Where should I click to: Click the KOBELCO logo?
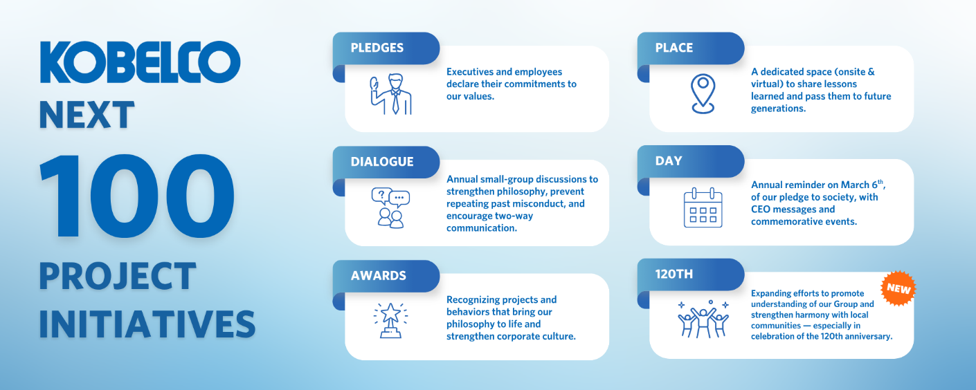pos(140,62)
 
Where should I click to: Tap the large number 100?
pos(137,196)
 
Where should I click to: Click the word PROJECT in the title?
pos(118,276)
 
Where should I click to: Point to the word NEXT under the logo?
pos(87,115)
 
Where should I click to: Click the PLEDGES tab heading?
pos(377,48)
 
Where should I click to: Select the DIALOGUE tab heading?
pos(382,162)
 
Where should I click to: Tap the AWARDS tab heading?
pos(378,275)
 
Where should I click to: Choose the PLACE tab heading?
pos(674,48)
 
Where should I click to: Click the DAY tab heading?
pos(669,160)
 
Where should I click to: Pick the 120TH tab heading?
pos(674,274)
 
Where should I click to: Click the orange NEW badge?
pos(898,288)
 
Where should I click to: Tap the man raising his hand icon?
pos(391,94)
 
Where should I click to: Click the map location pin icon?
pos(703,94)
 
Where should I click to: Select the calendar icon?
pos(703,207)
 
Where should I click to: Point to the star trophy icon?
pos(391,321)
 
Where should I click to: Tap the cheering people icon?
pos(703,319)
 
